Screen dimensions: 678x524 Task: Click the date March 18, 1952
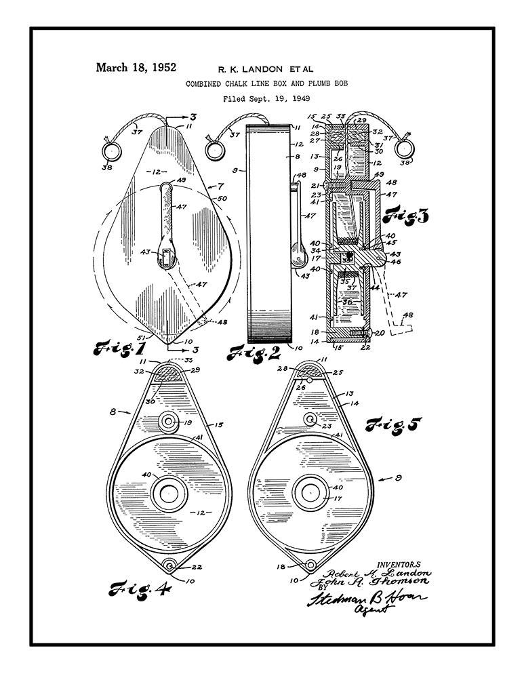[x=136, y=67]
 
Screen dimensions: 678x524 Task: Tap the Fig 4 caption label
[x=140, y=587]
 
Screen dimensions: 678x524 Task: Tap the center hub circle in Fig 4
[x=165, y=493]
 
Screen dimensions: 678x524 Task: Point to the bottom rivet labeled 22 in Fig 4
[x=169, y=565]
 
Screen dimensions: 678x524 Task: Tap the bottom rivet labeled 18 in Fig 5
[x=310, y=565]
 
